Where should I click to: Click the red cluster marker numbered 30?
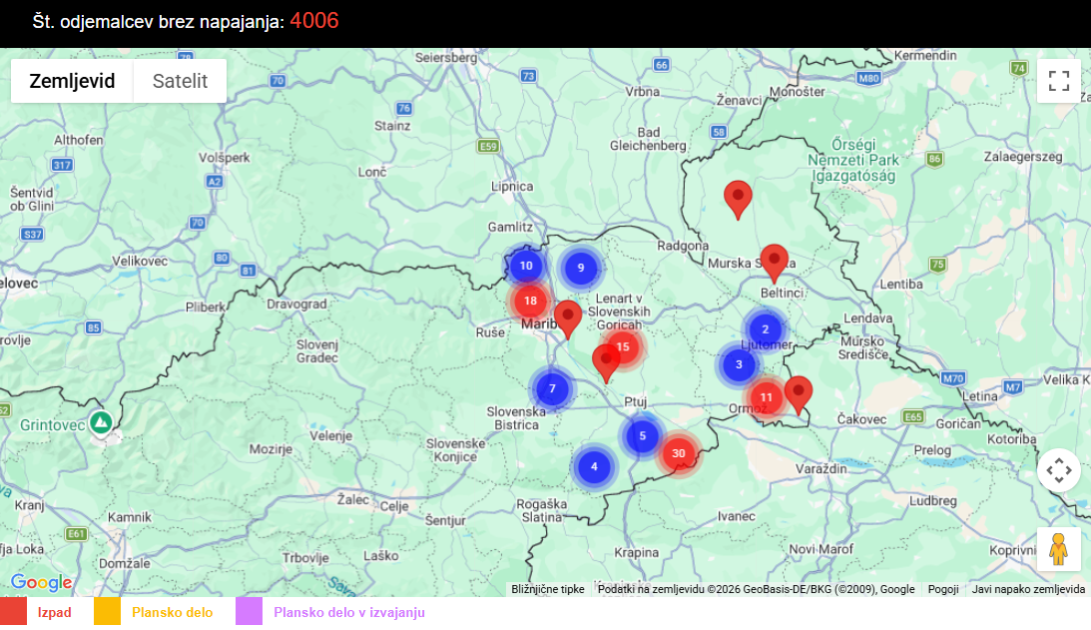pos(679,453)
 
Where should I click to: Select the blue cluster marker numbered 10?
pos(526,267)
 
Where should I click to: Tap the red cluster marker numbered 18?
pos(530,301)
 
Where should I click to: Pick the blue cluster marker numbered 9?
pos(580,268)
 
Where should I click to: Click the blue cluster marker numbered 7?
pos(552,388)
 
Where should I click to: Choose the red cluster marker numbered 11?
pos(766,397)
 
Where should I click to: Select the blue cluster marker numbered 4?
pos(594,466)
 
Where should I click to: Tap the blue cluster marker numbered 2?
pos(765,329)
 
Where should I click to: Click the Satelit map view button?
pos(180,81)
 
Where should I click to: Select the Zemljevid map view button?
pos(72,81)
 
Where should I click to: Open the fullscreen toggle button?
pos(1059,81)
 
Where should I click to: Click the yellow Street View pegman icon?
pos(1059,549)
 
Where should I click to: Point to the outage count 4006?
pos(314,21)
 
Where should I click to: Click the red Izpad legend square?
pos(13,612)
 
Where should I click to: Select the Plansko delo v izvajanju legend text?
pos(349,612)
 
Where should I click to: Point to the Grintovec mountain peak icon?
pos(100,422)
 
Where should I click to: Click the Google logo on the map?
pos(41,583)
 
